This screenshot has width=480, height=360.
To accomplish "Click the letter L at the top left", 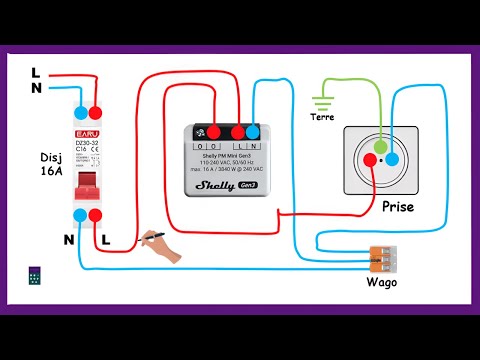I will pyautogui.click(x=36, y=71).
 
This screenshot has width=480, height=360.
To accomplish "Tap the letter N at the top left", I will pyautogui.click(x=36, y=88).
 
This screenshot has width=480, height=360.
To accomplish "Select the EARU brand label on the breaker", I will pyautogui.click(x=86, y=131).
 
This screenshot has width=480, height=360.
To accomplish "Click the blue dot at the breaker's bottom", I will pyautogui.click(x=78, y=215).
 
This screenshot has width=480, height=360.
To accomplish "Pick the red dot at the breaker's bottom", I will pyautogui.click(x=94, y=215).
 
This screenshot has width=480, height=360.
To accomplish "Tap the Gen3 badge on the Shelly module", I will pyautogui.click(x=248, y=185).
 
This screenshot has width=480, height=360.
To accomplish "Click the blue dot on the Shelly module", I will pyautogui.click(x=254, y=130).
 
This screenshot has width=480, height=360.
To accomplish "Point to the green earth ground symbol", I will pyautogui.click(x=322, y=101).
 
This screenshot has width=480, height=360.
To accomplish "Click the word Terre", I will pyautogui.click(x=322, y=118).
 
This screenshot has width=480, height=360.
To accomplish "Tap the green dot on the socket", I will pyautogui.click(x=380, y=147).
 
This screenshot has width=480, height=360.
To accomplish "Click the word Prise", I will pyautogui.click(x=397, y=208).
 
